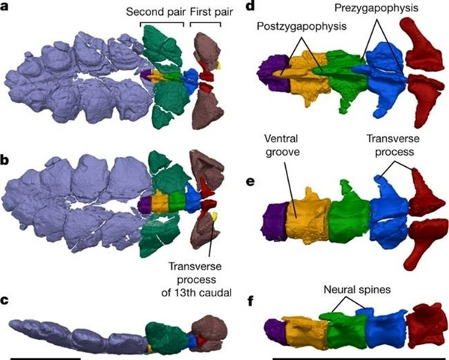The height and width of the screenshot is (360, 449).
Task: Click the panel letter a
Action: click(x=4, y=6)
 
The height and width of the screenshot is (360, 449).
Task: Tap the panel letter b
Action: click(x=5, y=160)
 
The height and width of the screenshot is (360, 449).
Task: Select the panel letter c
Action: click(x=4, y=300)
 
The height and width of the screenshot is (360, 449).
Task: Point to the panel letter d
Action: click(x=250, y=5)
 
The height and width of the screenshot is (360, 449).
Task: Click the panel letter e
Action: click(x=251, y=181)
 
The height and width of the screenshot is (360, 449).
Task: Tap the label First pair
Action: click(x=211, y=12)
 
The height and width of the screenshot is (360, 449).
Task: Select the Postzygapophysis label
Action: click(x=302, y=26)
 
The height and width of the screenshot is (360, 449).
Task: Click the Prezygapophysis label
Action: click(x=376, y=7)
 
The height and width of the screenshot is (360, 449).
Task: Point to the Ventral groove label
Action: click(x=282, y=145)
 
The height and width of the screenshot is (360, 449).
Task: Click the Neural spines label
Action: click(x=357, y=289)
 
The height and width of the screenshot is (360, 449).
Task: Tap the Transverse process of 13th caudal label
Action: click(x=196, y=279)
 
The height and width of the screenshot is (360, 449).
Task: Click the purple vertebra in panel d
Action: click(x=273, y=73)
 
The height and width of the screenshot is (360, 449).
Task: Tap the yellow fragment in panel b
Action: click(x=214, y=216)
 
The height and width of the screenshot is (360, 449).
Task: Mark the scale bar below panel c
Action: click(x=46, y=359)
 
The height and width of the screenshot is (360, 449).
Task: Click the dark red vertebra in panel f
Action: click(x=427, y=326)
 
